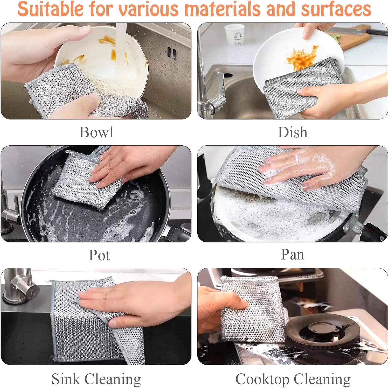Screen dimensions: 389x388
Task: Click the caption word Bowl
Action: (x=96, y=132)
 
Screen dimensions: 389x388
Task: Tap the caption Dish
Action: (x=293, y=132)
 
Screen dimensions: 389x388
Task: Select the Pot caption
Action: (x=99, y=255)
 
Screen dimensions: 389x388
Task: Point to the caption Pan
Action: (x=293, y=254)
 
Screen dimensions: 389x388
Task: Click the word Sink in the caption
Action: (x=66, y=379)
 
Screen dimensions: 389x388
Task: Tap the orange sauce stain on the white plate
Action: (x=302, y=57)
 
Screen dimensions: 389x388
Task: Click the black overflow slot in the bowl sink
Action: (x=172, y=53)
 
